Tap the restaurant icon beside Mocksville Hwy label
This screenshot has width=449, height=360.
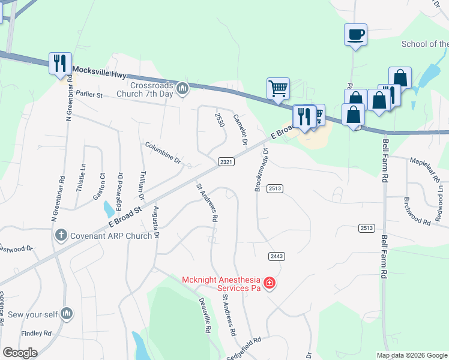click(x=59, y=63)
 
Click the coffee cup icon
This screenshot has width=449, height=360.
click(x=355, y=34)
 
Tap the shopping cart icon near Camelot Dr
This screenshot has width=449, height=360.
click(x=278, y=88)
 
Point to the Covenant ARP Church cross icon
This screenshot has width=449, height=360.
click(x=60, y=236)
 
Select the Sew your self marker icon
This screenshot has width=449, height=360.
click(x=67, y=313)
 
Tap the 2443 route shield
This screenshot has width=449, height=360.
click(x=276, y=256)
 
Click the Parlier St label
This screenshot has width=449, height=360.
click(x=89, y=95)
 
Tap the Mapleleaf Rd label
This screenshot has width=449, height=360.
click(x=429, y=166)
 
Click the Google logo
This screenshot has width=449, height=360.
click(x=20, y=353)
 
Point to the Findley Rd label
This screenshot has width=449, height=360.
click(x=35, y=333)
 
